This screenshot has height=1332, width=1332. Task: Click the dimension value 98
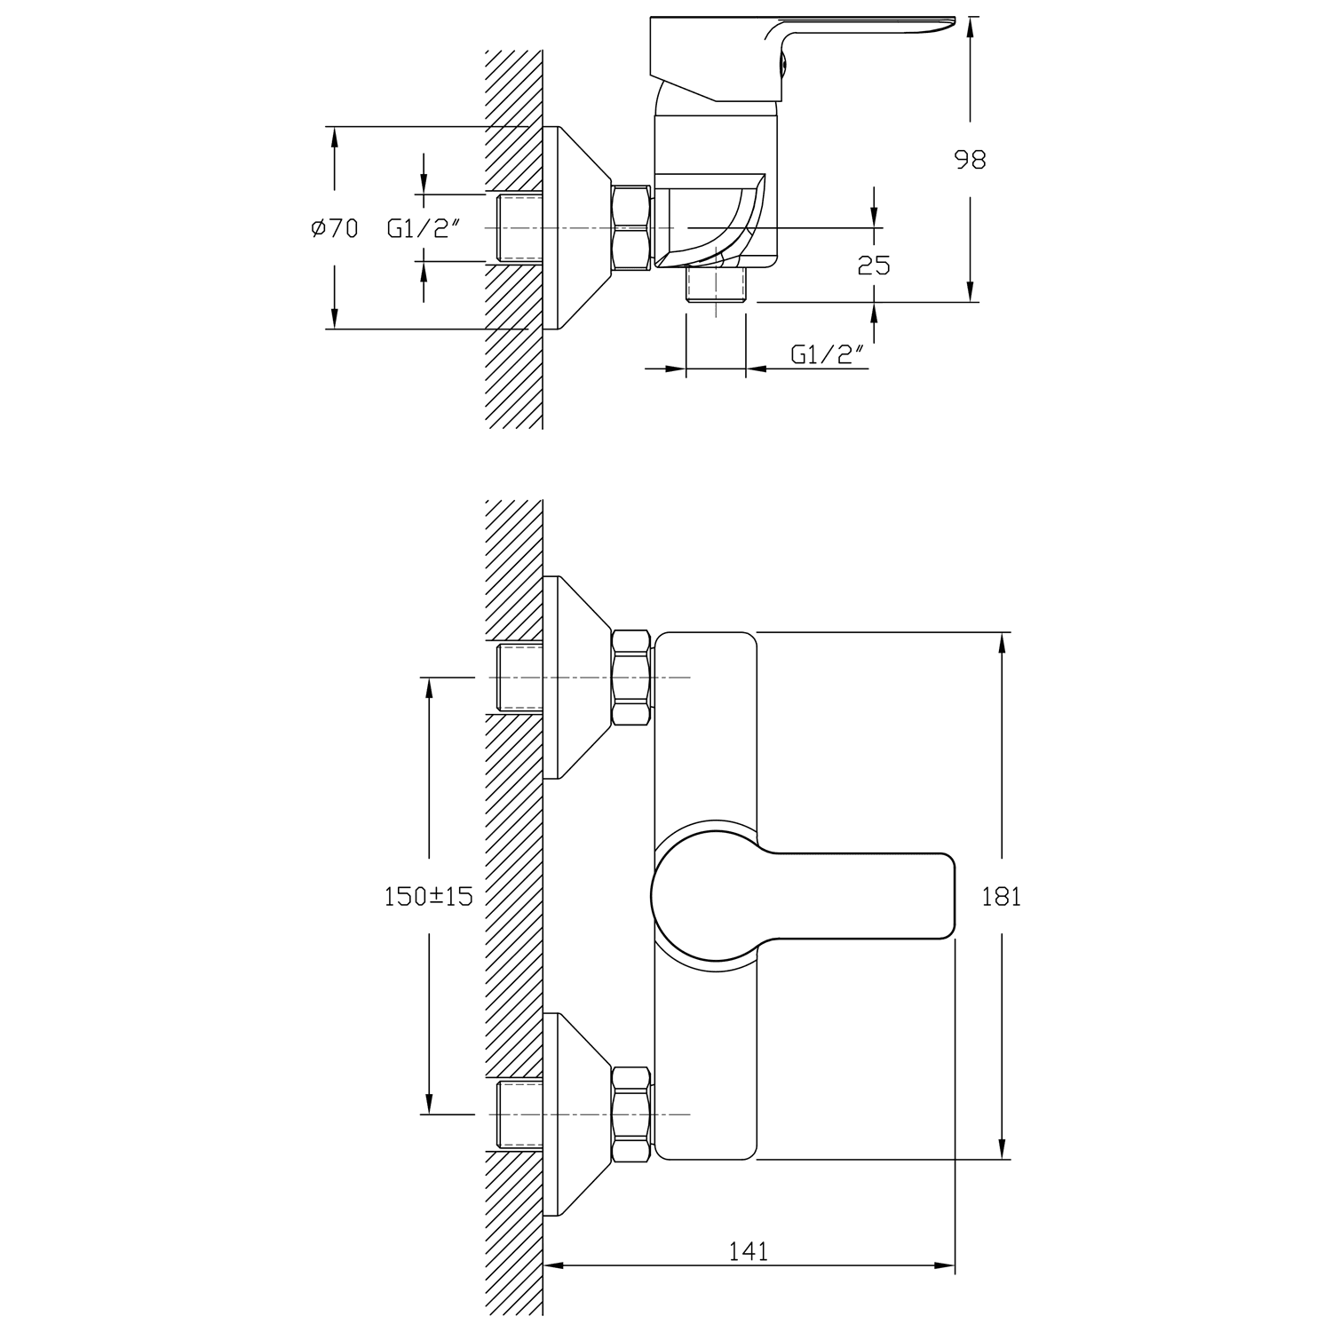click(x=970, y=160)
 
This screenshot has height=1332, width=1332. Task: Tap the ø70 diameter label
click(x=335, y=229)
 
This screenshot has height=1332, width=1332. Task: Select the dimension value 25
click(x=874, y=265)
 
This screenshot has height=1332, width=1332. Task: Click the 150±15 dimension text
click(x=428, y=897)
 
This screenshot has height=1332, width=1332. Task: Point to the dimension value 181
click(x=1002, y=897)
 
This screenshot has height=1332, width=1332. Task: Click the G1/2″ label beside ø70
click(x=423, y=229)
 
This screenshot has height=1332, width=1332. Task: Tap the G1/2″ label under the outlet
click(x=828, y=355)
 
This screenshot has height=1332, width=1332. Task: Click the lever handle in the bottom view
click(x=803, y=896)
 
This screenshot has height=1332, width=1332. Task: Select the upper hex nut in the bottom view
click(x=631, y=678)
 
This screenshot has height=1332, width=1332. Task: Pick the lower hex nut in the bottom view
click(x=631, y=1114)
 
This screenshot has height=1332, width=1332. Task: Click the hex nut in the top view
click(x=631, y=227)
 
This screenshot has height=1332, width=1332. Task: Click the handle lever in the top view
click(x=799, y=53)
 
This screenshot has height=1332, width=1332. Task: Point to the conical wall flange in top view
click(x=577, y=228)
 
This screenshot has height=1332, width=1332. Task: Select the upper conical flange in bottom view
click(x=577, y=678)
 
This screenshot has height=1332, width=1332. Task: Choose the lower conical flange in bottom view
click(x=577, y=1114)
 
